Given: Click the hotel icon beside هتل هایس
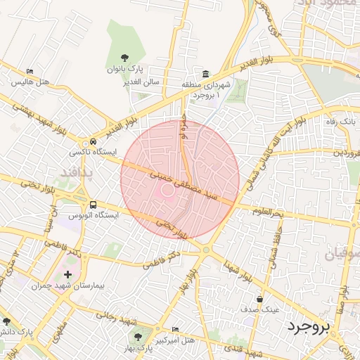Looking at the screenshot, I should tap(30, 72).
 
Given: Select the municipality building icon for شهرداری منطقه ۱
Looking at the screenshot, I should tap(205, 75).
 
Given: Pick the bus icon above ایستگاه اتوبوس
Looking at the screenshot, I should tap(94, 204).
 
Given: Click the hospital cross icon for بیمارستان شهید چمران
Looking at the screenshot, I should tap(67, 274).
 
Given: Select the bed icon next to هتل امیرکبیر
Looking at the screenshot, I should tap(176, 329).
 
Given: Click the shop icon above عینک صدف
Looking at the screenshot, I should tap(260, 298).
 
